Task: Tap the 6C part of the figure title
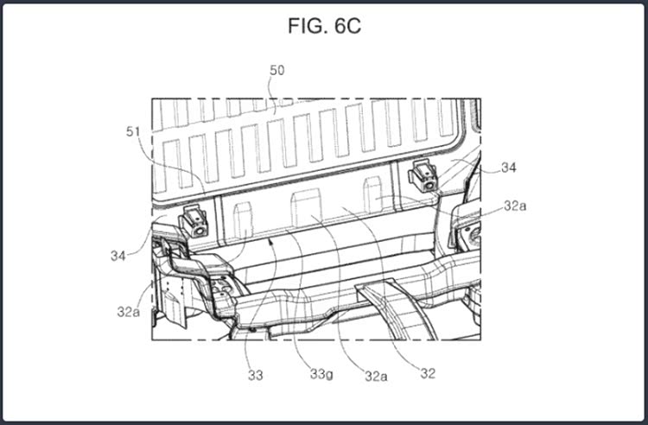pos(347,26)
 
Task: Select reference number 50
pos(276,70)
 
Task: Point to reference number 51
pos(133,132)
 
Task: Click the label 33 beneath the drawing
pos(256,376)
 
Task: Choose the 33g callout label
pos(321,375)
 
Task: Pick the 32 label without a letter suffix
pos(428,374)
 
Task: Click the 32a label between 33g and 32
pos(376,376)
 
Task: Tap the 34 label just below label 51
pos(118,256)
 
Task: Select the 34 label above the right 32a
pos(508,168)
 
